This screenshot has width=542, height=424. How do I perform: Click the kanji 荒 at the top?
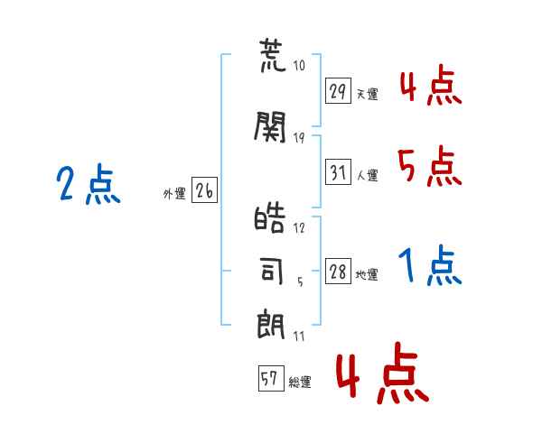click(x=273, y=55)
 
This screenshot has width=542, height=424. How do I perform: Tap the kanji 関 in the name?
click(x=270, y=126)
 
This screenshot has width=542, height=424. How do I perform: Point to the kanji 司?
click(x=272, y=272)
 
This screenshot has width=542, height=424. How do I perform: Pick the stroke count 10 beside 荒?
click(x=299, y=65)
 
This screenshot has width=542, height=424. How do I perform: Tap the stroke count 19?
click(x=299, y=138)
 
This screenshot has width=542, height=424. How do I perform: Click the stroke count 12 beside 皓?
click(x=299, y=228)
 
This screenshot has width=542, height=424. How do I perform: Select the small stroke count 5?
click(x=300, y=282)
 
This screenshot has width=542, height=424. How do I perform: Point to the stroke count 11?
click(x=299, y=336)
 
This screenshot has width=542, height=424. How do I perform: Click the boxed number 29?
click(x=338, y=91)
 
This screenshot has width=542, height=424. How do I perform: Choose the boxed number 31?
click(x=338, y=172)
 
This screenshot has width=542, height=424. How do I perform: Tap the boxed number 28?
click(x=338, y=272)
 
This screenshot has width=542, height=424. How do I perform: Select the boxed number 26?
click(x=204, y=190)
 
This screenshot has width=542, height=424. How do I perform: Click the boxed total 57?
click(x=271, y=378)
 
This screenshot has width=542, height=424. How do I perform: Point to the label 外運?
click(x=174, y=194)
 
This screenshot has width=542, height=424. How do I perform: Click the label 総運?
click(x=300, y=383)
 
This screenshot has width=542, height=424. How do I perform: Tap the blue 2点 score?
click(x=89, y=184)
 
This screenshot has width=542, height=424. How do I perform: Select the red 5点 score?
click(x=430, y=166)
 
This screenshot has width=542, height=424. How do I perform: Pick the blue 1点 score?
click(x=430, y=265)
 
